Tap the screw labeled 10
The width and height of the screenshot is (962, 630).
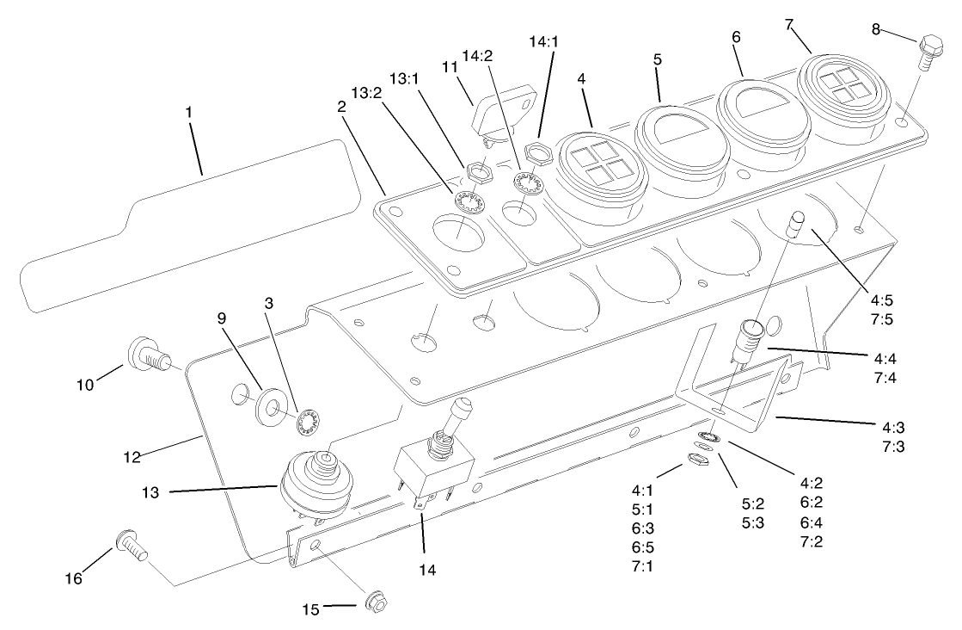[x=147, y=354]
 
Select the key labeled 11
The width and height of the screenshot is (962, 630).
[x=499, y=113]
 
